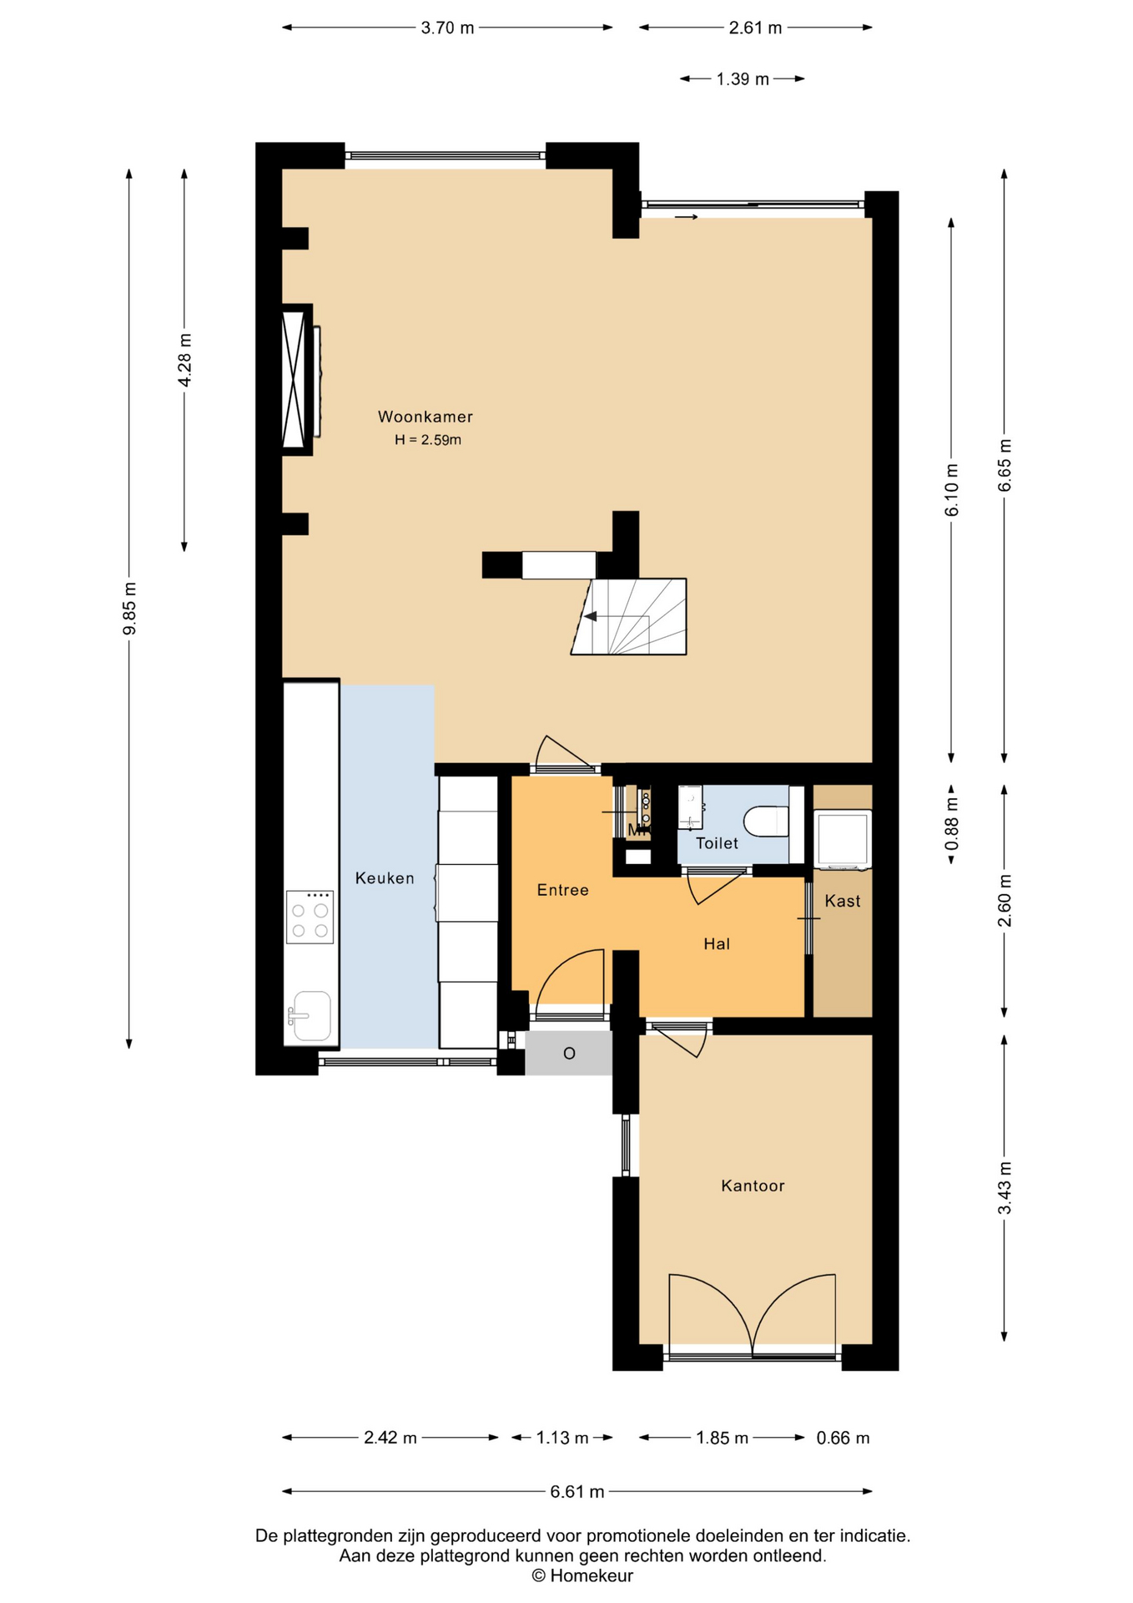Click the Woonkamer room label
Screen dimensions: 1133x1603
click(x=426, y=417)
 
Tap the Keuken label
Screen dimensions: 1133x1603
click(x=385, y=878)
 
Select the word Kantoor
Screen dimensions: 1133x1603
click(x=753, y=1186)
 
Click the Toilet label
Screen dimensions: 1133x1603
click(x=718, y=843)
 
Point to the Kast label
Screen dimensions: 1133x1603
click(x=843, y=901)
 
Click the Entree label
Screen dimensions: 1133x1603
click(x=563, y=890)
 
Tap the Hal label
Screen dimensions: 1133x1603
click(x=717, y=944)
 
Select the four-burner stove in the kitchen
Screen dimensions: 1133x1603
click(x=310, y=917)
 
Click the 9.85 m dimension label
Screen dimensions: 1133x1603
click(x=129, y=609)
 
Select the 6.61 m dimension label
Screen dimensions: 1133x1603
click(x=577, y=1492)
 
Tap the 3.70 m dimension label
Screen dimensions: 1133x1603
click(x=447, y=28)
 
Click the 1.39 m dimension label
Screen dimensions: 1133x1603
click(x=743, y=79)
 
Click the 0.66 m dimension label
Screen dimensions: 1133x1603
click(x=843, y=1438)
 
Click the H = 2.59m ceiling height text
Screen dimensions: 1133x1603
click(x=428, y=440)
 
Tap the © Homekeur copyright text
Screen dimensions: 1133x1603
click(x=582, y=1575)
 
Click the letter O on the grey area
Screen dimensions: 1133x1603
click(x=569, y=1054)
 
